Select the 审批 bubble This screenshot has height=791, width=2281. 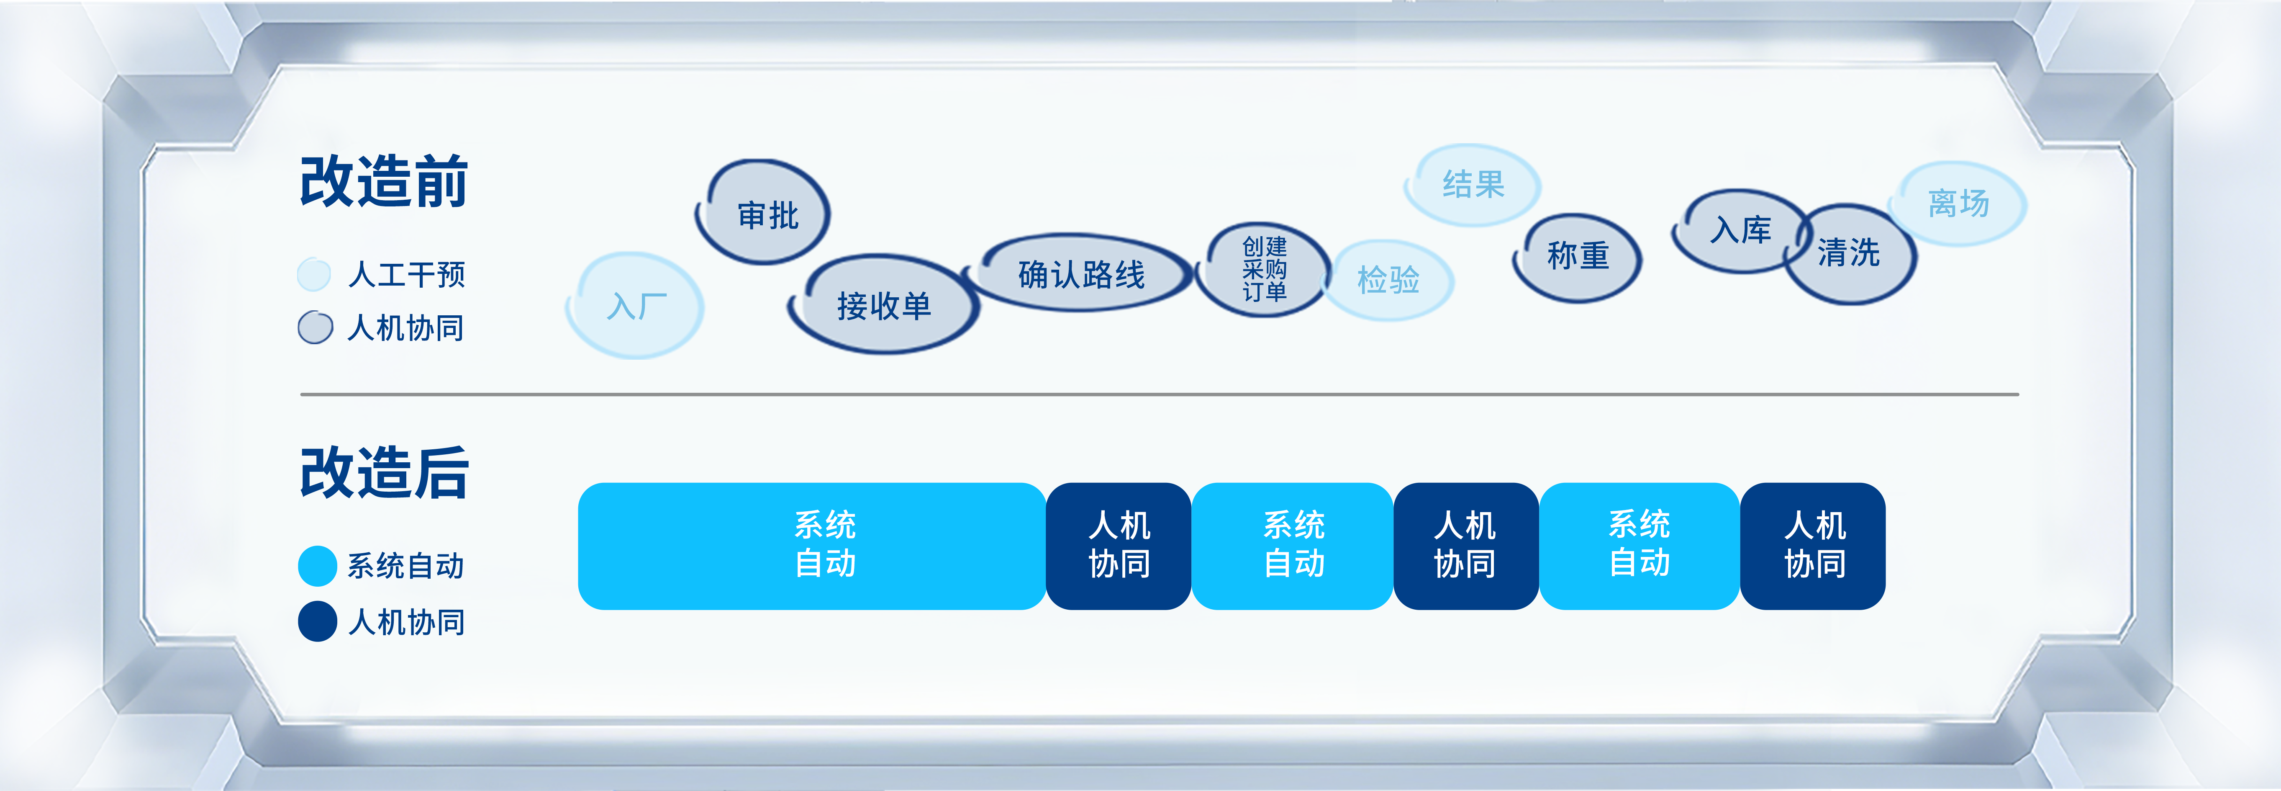coord(763,213)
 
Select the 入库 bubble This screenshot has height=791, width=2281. coord(1740,230)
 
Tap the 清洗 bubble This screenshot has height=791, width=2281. coord(1849,253)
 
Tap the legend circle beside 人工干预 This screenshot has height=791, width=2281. coord(314,275)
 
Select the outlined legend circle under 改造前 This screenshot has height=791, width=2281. coord(315,327)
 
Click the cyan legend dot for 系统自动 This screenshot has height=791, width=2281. coord(317,566)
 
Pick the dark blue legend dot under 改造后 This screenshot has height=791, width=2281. coord(317,621)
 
